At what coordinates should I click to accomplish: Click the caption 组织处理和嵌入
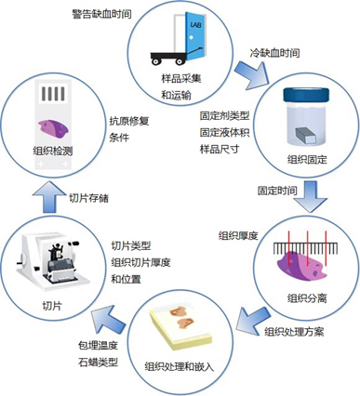180,366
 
